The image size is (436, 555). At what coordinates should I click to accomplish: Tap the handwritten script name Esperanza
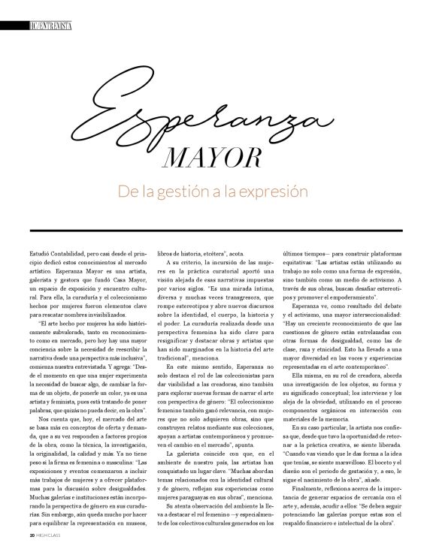tap(218, 113)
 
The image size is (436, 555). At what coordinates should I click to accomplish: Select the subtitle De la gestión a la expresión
tap(213, 192)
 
